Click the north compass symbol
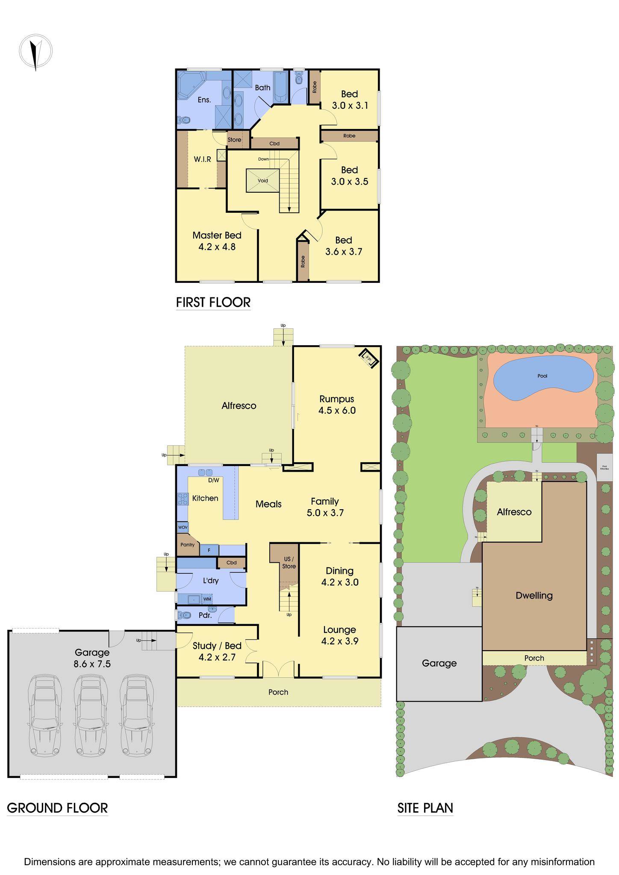35,52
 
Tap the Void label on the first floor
263,181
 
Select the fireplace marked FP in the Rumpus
368,358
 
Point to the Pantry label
187,545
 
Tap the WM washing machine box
207,599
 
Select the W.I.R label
202,159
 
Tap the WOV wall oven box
183,528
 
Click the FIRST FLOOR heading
213,302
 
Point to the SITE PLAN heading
425,808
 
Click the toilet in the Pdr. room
184,616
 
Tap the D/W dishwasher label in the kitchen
213,480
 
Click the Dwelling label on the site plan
534,596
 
